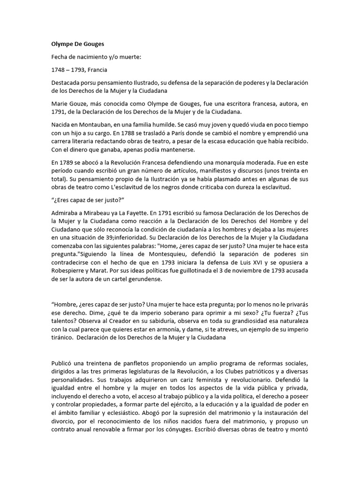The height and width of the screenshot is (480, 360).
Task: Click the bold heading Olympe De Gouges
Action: (x=78, y=44)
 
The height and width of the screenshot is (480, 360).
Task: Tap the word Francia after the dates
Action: (x=96, y=70)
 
